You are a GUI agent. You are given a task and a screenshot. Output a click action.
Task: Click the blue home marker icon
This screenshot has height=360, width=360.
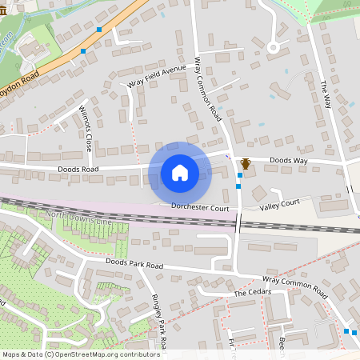179,172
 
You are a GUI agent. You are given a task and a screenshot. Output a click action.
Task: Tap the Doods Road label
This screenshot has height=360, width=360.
78,170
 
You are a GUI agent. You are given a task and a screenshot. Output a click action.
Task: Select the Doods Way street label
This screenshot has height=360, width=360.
288,161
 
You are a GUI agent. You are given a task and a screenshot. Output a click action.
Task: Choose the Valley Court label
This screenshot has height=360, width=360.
279,207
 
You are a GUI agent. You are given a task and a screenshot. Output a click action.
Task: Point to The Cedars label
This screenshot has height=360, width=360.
253,293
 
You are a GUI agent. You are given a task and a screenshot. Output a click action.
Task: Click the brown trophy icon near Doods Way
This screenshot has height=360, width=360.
246,164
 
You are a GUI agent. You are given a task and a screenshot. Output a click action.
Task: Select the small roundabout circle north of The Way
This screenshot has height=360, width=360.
273,47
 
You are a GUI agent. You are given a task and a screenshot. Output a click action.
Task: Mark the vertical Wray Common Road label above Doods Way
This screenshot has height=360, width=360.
208,88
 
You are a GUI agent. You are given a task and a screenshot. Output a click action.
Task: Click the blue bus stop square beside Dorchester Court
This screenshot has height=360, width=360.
238,186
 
